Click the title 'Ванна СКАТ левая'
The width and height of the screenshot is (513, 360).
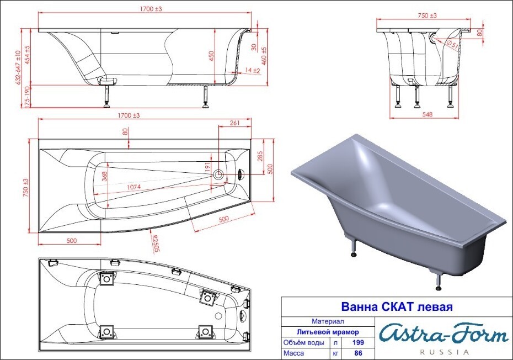[397, 307]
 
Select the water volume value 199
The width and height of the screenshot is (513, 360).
[358, 342]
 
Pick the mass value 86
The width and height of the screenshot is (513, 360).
[358, 353]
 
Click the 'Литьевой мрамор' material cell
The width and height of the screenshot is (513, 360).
[328, 332]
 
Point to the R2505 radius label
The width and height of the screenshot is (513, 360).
[156, 243]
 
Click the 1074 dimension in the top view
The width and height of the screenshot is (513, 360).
[134, 187]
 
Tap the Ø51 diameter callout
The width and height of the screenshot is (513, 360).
[452, 44]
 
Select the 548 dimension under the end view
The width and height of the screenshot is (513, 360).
[427, 114]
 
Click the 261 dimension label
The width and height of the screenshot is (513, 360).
[234, 123]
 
